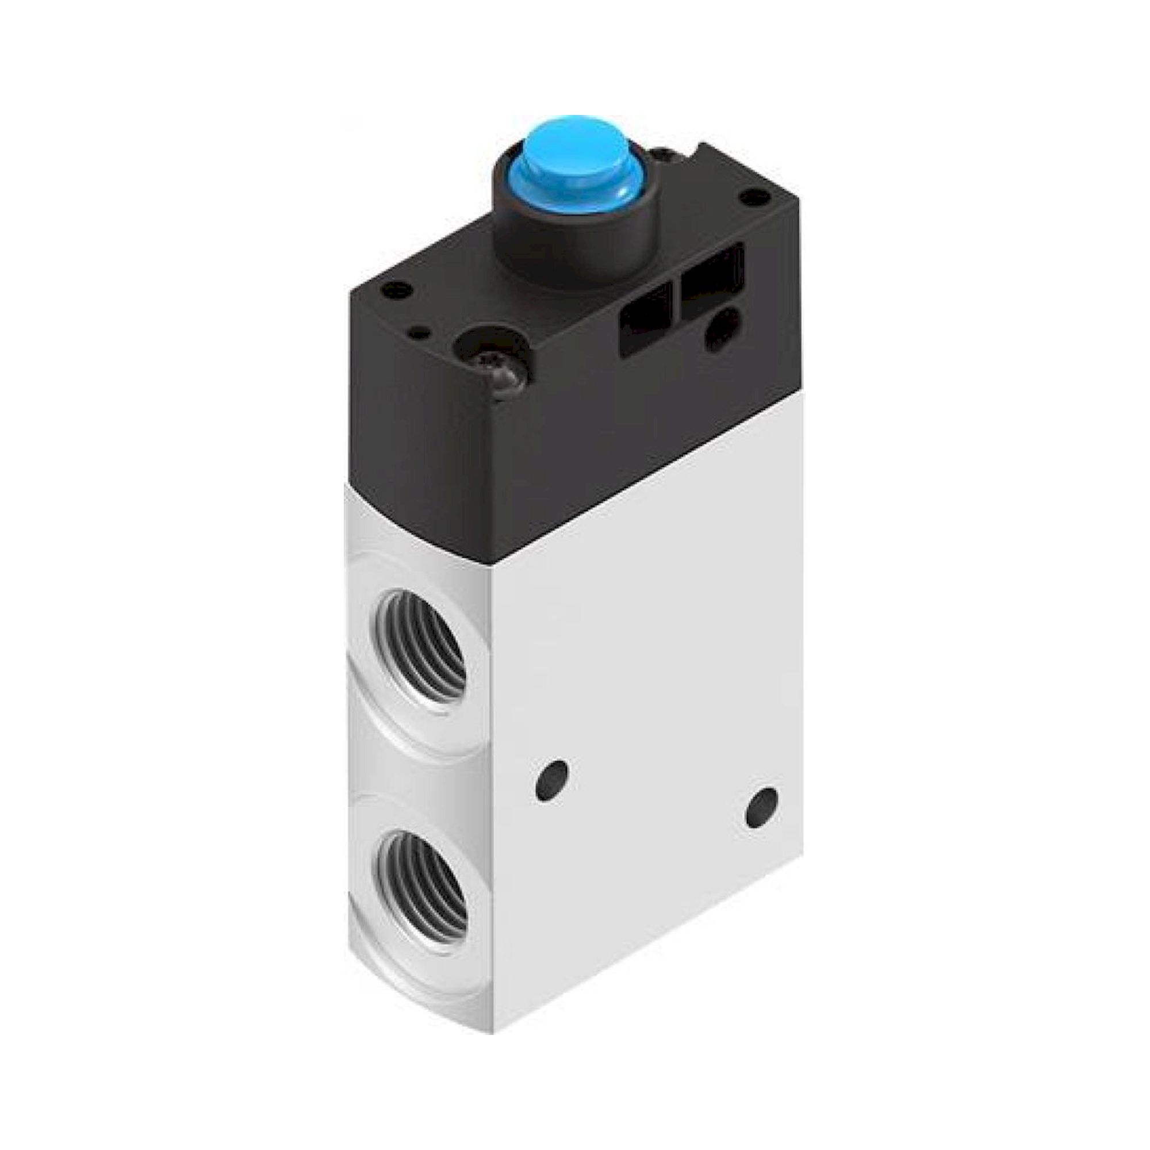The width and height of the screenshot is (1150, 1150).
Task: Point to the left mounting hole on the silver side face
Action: click(x=551, y=780)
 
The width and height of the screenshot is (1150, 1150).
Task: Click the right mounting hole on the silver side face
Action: click(x=761, y=807)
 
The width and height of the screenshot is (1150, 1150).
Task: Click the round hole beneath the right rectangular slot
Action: click(x=722, y=334)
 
